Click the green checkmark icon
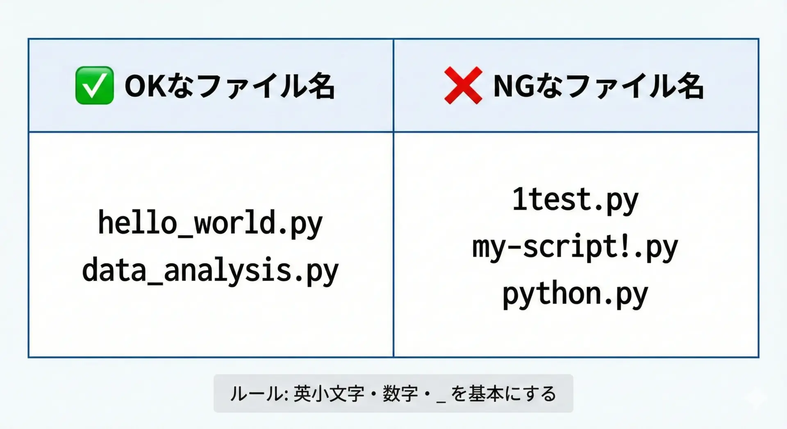(94, 85)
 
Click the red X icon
(463, 85)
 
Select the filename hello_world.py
(210, 223)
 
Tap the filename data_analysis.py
(210, 270)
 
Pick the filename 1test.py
(575, 200)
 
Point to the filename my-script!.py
(575, 247)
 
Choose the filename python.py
(575, 294)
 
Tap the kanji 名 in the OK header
(320, 86)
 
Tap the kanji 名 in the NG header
(689, 86)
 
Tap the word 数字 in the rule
(400, 394)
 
